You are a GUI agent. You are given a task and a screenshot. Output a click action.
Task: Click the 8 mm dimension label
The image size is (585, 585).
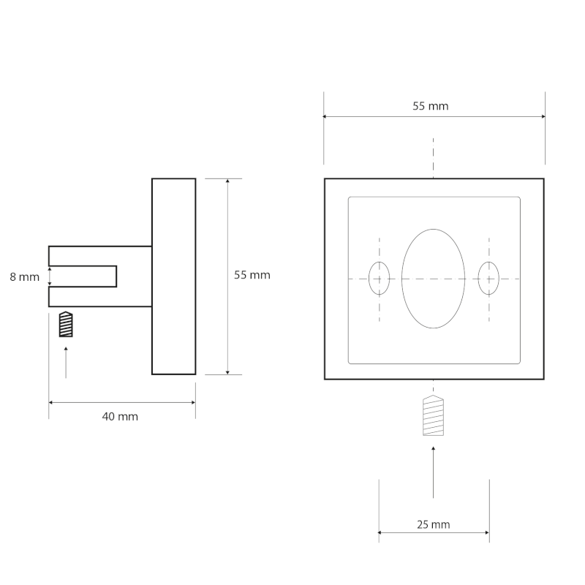pos(25,277)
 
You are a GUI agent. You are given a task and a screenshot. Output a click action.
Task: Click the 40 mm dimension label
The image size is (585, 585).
pos(120,416)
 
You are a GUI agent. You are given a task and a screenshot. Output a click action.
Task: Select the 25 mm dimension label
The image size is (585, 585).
pos(434,524)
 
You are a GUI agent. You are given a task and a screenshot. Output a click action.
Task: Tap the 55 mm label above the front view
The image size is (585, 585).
pos(431,106)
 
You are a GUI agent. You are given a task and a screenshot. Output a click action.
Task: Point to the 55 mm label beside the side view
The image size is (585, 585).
pos(252,275)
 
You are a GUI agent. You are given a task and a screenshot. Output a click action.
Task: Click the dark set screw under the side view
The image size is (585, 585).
pos(66,324)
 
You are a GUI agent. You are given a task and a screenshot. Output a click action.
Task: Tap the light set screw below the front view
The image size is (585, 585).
pos(433,415)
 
